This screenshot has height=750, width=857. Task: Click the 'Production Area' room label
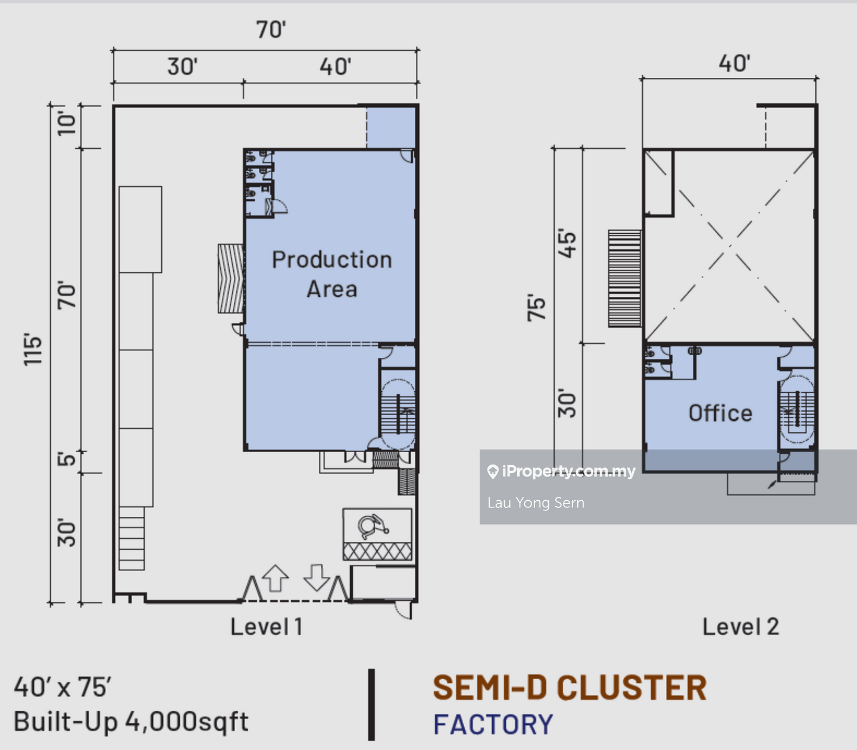331,274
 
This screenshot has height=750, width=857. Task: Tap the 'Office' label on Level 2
720,413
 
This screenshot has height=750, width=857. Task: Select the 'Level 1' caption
267,626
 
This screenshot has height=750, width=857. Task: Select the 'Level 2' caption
740,626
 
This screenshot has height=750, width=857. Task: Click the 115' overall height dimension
33,350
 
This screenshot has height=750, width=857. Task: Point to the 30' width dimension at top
182,67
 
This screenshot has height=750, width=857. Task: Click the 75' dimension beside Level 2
537,307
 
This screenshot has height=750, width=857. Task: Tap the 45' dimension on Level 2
568,244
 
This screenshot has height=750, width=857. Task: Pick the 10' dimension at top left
67,123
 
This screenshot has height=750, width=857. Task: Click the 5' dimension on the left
67,459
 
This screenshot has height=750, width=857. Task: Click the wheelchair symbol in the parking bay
373,526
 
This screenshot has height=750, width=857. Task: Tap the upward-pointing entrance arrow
275,578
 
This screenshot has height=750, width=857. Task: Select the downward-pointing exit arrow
317,578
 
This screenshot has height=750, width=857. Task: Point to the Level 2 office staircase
796,410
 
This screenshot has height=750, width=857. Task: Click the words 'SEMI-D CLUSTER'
569,688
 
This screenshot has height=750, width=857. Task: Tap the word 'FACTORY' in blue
493,724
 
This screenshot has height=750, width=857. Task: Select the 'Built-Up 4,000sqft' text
131,721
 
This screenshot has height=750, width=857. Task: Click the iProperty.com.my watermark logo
561,472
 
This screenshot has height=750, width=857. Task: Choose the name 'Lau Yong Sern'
536,503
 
